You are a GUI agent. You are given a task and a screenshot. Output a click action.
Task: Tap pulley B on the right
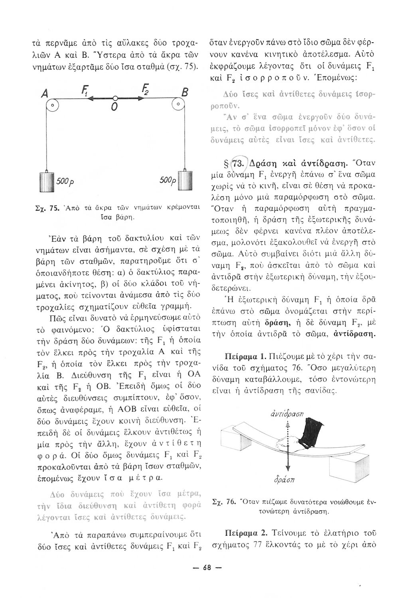point(179,106)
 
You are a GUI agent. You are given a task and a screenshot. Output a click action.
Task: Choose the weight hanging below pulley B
point(184,184)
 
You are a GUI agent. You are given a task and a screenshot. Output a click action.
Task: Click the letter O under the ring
point(114,108)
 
